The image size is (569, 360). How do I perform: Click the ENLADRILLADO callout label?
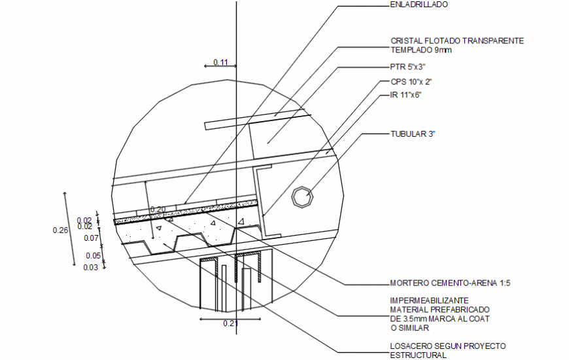(x=419, y=5)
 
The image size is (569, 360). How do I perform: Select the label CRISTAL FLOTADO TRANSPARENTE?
(x=457, y=41)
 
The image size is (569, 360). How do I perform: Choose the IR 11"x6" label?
(x=405, y=95)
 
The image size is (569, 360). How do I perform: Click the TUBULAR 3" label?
(x=413, y=134)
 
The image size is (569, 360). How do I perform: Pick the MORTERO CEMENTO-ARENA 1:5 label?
(x=450, y=284)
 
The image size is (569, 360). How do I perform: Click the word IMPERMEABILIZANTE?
(x=429, y=300)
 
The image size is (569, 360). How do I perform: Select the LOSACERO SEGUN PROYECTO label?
(x=447, y=346)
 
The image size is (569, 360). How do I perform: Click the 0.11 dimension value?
(x=220, y=63)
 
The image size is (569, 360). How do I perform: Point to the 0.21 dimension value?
(x=230, y=323)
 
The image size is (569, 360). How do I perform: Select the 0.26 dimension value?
(x=60, y=230)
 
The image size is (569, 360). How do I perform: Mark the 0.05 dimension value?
(x=92, y=256)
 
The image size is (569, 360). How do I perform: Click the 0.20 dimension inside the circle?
(x=158, y=210)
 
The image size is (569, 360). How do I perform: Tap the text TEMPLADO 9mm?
(x=421, y=50)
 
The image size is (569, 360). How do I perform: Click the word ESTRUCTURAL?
(x=418, y=355)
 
